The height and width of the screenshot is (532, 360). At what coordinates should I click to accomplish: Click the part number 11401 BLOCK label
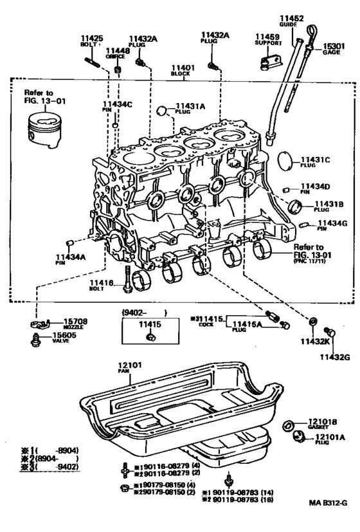tap(183, 70)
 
